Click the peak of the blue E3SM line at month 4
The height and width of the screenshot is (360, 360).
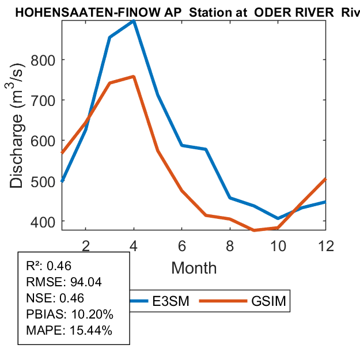[134, 21]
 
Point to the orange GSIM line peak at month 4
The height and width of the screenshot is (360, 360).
[134, 77]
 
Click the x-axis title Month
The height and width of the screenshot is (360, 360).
[194, 268]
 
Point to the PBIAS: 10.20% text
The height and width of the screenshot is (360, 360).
[70, 314]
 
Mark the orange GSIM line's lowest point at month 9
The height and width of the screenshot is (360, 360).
[254, 230]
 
